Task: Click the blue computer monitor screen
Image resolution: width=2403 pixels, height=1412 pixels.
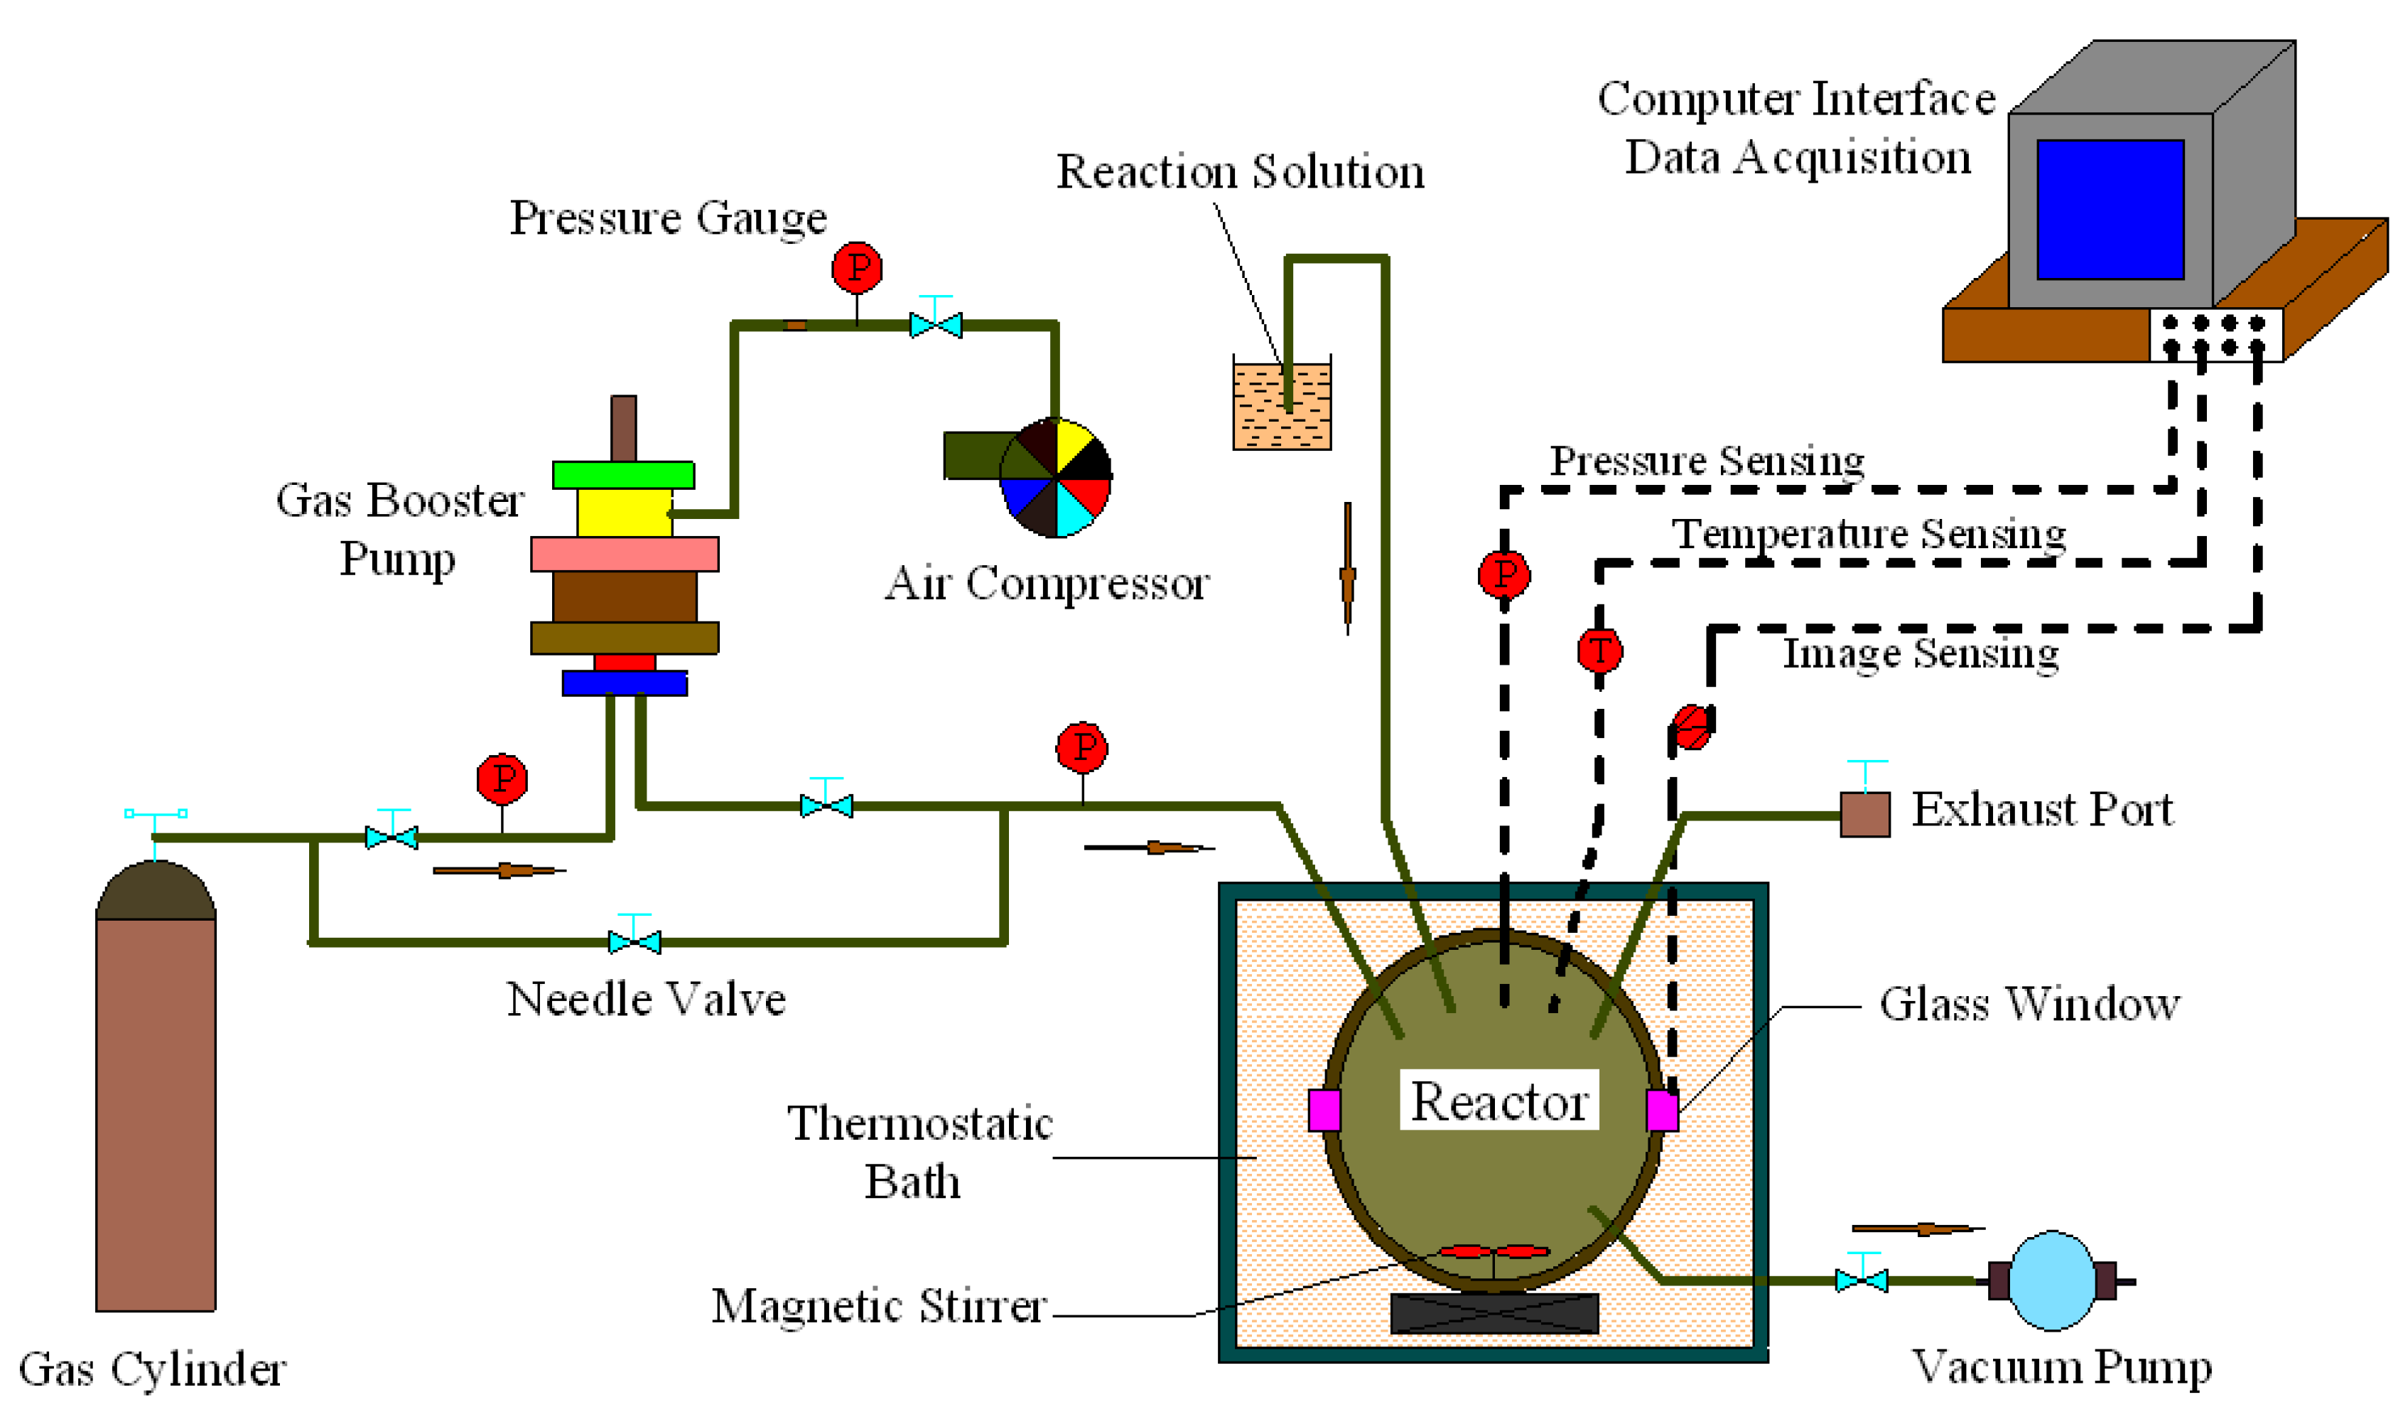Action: click(2110, 209)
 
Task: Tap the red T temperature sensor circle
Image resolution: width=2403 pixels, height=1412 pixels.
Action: click(1599, 652)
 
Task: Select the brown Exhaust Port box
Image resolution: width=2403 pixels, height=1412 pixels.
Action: click(1864, 814)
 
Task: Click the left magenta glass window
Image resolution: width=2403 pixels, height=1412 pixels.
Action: click(1324, 1110)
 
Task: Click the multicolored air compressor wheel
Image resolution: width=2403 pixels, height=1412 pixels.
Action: click(1056, 477)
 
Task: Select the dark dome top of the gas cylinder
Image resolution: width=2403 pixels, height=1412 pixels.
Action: click(156, 889)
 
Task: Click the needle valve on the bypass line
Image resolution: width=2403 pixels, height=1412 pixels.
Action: click(634, 941)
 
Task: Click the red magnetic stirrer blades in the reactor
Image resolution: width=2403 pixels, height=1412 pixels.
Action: click(1494, 1251)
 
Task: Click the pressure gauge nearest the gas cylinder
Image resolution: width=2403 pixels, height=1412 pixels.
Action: click(502, 779)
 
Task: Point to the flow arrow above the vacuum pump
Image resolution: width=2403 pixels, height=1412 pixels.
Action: click(1917, 1229)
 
